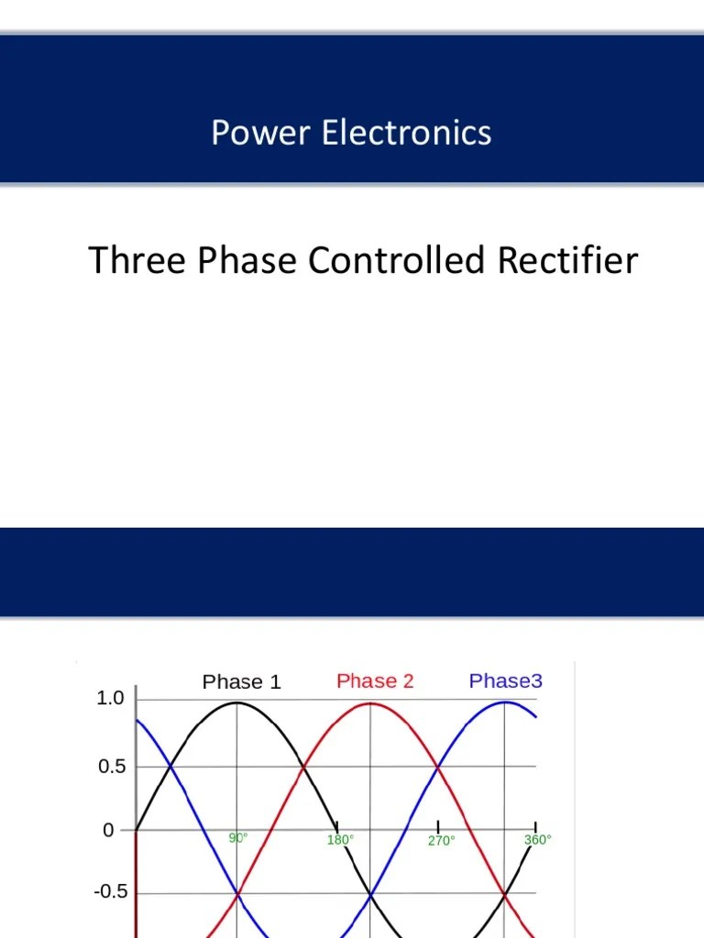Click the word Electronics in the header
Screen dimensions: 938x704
[406, 134]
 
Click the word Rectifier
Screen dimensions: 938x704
[567, 262]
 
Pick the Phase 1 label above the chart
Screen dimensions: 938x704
[241, 682]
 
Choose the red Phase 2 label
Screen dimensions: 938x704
[375, 682]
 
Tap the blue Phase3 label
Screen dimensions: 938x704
[506, 682]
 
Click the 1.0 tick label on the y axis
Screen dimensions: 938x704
[110, 700]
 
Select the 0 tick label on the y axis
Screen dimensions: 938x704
[110, 831]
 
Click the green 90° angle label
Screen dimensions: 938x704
[238, 837]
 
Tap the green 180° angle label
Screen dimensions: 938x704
[340, 839]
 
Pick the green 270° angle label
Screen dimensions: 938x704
[441, 840]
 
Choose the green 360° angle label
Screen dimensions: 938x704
[537, 839]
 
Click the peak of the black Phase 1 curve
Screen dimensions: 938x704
[237, 703]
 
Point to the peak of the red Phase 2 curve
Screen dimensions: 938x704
[370, 703]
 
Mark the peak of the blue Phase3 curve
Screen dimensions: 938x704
[505, 703]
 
